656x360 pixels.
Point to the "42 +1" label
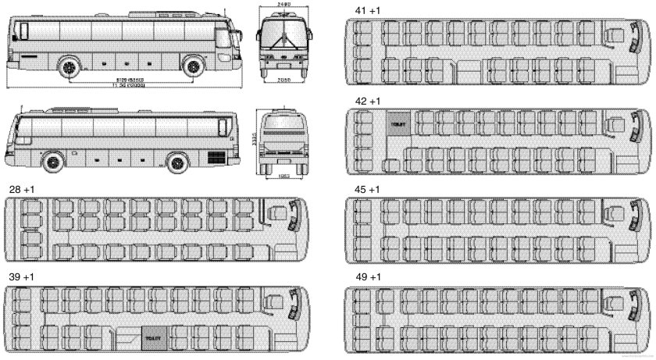(x=360, y=102)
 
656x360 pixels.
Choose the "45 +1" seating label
(x=360, y=190)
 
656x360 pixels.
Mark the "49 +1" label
(x=360, y=277)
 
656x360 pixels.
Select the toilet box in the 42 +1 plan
(x=398, y=124)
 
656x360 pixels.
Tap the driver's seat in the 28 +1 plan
(x=276, y=213)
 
